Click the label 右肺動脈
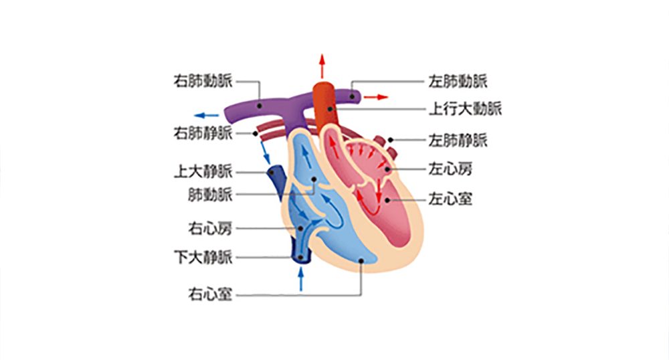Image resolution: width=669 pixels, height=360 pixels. [x=203, y=81]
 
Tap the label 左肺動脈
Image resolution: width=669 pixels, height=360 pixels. [x=458, y=82]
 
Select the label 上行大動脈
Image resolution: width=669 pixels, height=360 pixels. [x=465, y=109]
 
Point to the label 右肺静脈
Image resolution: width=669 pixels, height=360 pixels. [x=203, y=133]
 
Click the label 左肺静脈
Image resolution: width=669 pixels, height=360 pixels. [x=458, y=140]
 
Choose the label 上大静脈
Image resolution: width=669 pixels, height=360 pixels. [x=203, y=172]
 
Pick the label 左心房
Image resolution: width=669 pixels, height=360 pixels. [x=450, y=169]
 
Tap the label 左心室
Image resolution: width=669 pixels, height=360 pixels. [x=450, y=199]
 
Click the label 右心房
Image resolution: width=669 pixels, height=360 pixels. [x=210, y=229]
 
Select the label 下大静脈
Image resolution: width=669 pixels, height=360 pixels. [x=203, y=257]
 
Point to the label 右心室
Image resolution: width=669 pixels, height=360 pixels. [x=210, y=294]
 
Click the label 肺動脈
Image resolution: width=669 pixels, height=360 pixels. [x=210, y=195]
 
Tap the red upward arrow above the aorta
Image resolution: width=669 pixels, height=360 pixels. [x=322, y=66]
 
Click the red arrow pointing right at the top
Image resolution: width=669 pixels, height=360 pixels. [x=376, y=97]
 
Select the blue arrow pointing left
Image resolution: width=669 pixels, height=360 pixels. [x=207, y=115]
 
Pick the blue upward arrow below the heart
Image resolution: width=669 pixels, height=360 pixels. [x=301, y=280]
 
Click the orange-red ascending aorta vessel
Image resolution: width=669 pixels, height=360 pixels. [x=326, y=104]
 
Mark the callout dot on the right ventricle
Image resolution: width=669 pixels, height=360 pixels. [x=361, y=260]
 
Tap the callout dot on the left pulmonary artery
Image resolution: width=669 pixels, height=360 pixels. [x=352, y=96]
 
